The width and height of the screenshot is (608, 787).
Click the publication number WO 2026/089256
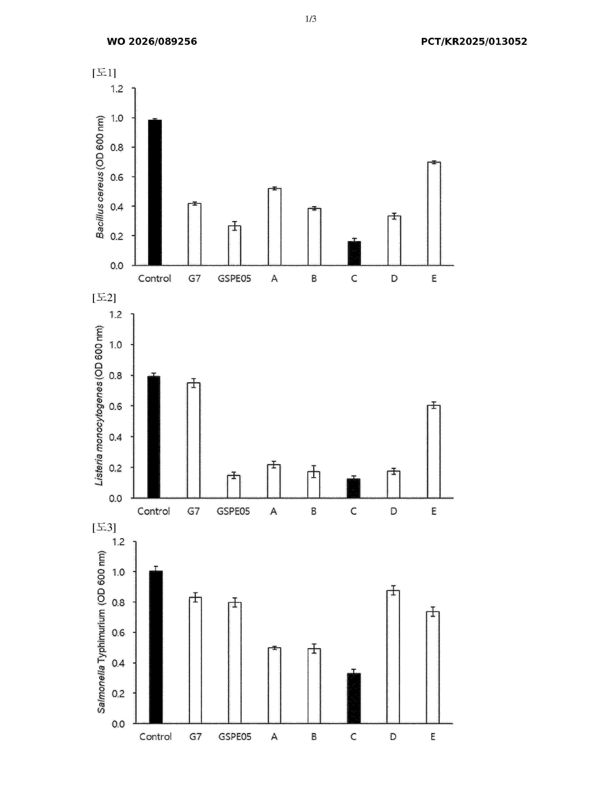(152, 41)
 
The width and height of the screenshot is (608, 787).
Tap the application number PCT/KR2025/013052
(474, 41)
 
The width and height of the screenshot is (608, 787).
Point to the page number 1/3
(310, 19)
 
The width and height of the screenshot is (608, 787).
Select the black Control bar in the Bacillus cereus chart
(155, 192)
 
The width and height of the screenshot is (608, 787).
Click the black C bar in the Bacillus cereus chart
(354, 253)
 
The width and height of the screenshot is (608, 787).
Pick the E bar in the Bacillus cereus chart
(434, 214)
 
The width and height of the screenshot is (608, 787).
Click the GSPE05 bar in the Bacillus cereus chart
(234, 245)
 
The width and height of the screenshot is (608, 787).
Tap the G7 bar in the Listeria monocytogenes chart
(193, 440)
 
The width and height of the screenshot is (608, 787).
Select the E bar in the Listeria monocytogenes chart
(434, 452)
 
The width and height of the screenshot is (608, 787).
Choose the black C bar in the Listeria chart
(353, 488)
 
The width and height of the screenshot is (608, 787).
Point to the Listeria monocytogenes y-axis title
(99, 405)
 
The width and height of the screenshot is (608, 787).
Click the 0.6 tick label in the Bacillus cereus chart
(117, 177)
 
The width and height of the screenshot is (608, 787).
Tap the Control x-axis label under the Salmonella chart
(156, 737)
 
